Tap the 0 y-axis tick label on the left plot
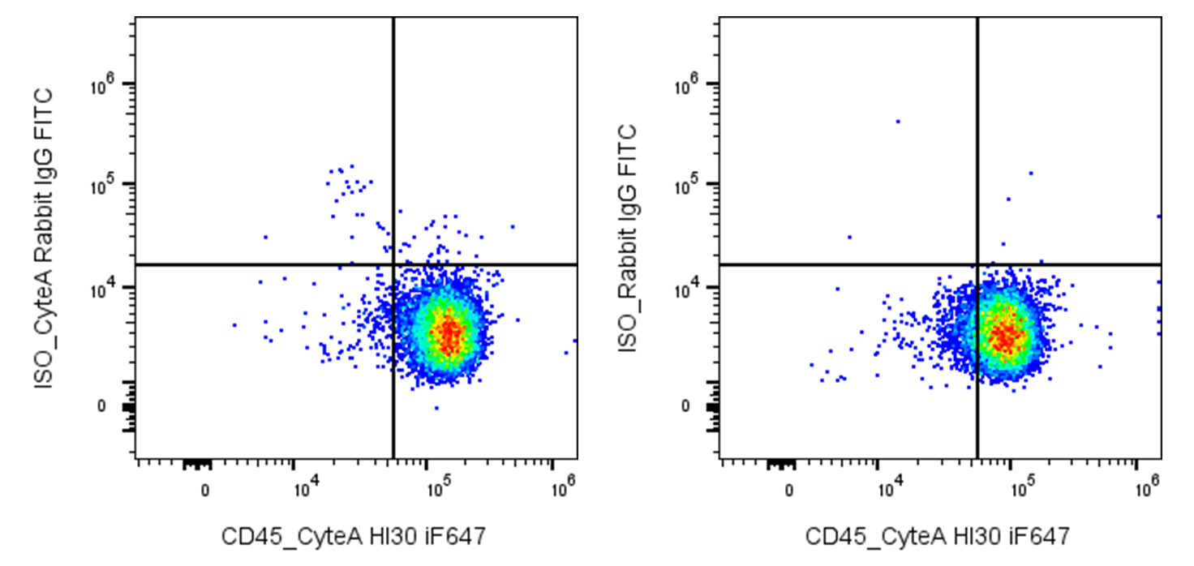tap(101, 406)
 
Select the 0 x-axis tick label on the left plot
tap(205, 491)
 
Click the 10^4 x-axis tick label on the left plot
tap(307, 487)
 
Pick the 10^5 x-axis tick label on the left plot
tap(439, 487)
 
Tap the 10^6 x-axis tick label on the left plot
tap(564, 486)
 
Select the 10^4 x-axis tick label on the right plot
tap(890, 487)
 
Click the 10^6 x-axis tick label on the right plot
tap(1148, 486)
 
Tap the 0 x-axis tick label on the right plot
tap(789, 491)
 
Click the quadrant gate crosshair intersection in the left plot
tap(393, 264)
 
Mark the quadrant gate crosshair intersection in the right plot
tap(977, 264)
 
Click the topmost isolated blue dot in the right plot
tap(898, 122)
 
